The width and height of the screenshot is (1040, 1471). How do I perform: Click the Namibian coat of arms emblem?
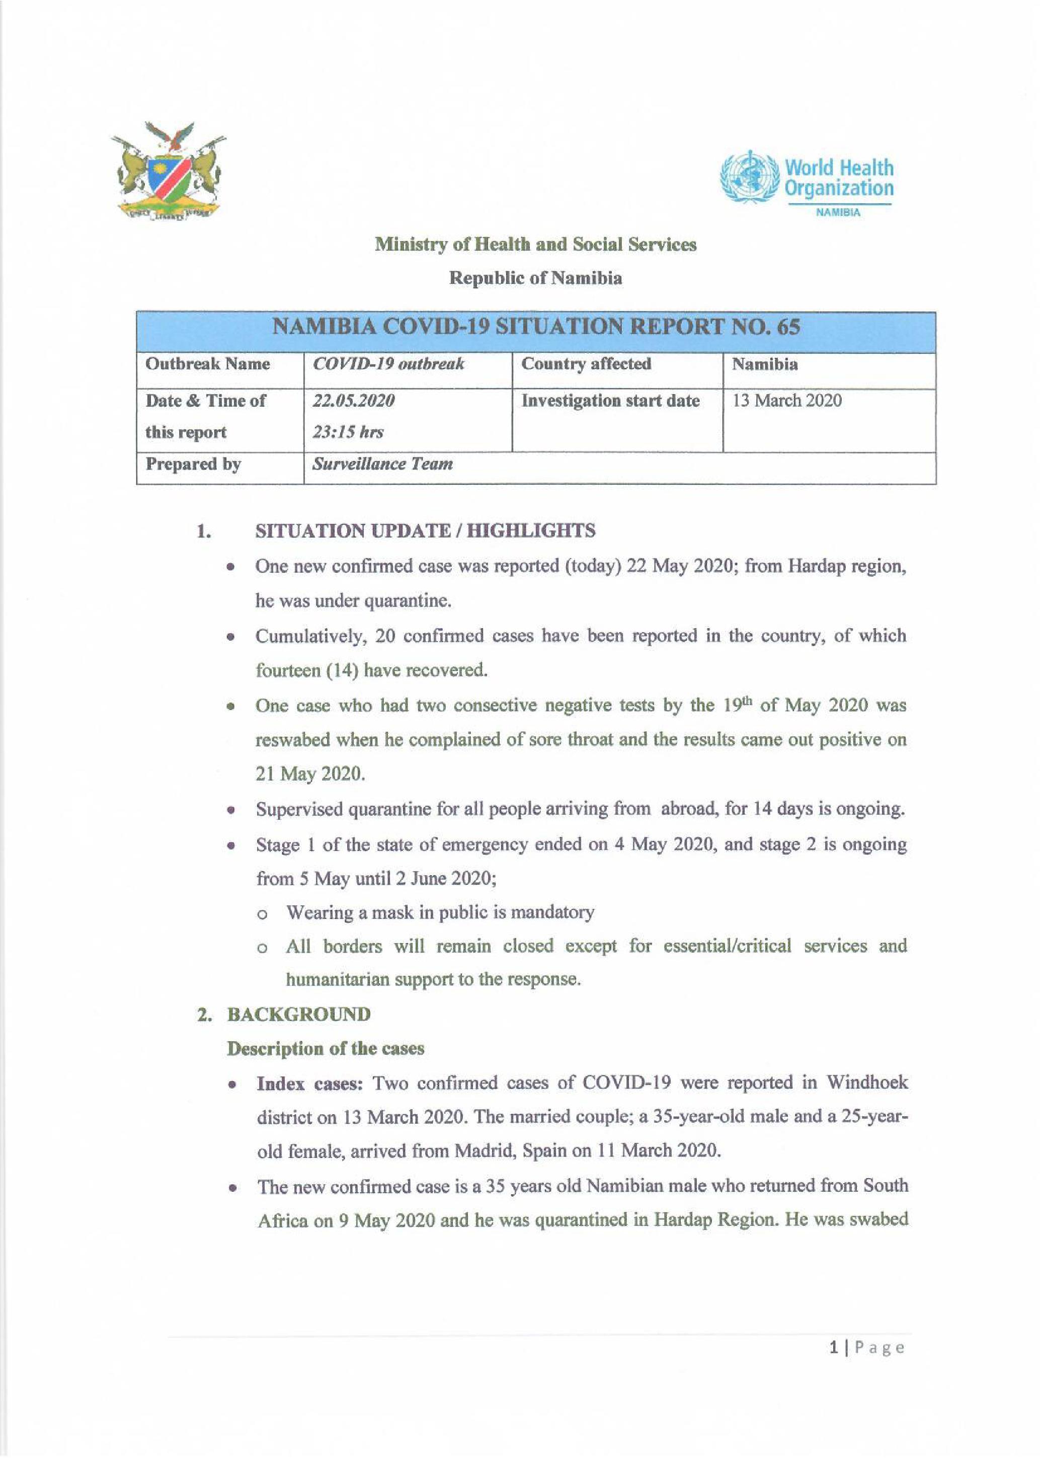click(168, 171)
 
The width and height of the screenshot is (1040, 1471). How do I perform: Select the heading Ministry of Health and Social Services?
click(535, 244)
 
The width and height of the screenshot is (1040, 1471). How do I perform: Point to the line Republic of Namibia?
click(535, 278)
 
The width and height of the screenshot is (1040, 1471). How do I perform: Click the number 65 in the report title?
click(788, 328)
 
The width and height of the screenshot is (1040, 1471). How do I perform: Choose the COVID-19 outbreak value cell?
click(388, 364)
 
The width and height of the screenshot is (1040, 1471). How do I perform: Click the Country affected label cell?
click(586, 364)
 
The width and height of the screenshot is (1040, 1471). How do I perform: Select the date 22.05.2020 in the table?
click(354, 401)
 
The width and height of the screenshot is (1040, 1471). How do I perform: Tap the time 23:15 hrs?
click(348, 432)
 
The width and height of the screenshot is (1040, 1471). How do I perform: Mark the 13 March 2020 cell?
click(787, 401)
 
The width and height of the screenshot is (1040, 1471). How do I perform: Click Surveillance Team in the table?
click(382, 464)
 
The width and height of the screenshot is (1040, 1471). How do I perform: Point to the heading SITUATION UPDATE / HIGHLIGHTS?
click(425, 530)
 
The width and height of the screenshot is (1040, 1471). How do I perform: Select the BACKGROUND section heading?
click(298, 1014)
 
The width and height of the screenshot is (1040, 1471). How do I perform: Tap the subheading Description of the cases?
click(326, 1048)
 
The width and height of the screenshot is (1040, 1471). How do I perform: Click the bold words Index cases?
click(310, 1083)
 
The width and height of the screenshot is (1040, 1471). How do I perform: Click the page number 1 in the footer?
click(833, 1347)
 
